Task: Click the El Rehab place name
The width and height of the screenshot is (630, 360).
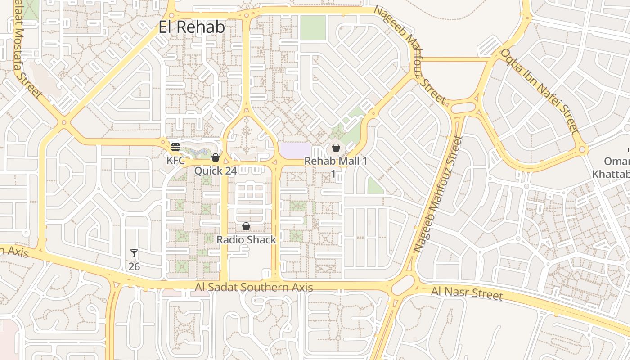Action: coord(192,27)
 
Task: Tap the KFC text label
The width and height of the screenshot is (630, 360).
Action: coord(175,160)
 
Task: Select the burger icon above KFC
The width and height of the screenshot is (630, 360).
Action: coord(175,147)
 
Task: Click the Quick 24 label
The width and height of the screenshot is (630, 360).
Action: coord(215,171)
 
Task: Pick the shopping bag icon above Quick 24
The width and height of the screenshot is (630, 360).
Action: coord(215,157)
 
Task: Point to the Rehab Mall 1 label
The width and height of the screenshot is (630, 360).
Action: coord(336,161)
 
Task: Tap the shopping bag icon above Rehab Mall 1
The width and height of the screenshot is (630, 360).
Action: coord(336,148)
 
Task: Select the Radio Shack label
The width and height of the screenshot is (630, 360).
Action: coord(246,239)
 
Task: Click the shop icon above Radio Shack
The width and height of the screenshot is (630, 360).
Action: coord(246,226)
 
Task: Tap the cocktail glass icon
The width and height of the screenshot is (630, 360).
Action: coord(134,253)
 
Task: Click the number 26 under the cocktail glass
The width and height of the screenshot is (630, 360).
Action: coord(134,266)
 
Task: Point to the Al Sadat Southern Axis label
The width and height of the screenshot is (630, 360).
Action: coord(254,287)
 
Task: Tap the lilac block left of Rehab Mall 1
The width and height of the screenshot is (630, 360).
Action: coord(295,150)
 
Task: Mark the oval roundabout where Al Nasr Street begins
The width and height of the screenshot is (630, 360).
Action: coord(403,285)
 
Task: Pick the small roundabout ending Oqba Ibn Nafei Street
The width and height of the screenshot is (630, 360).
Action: coord(582,149)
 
